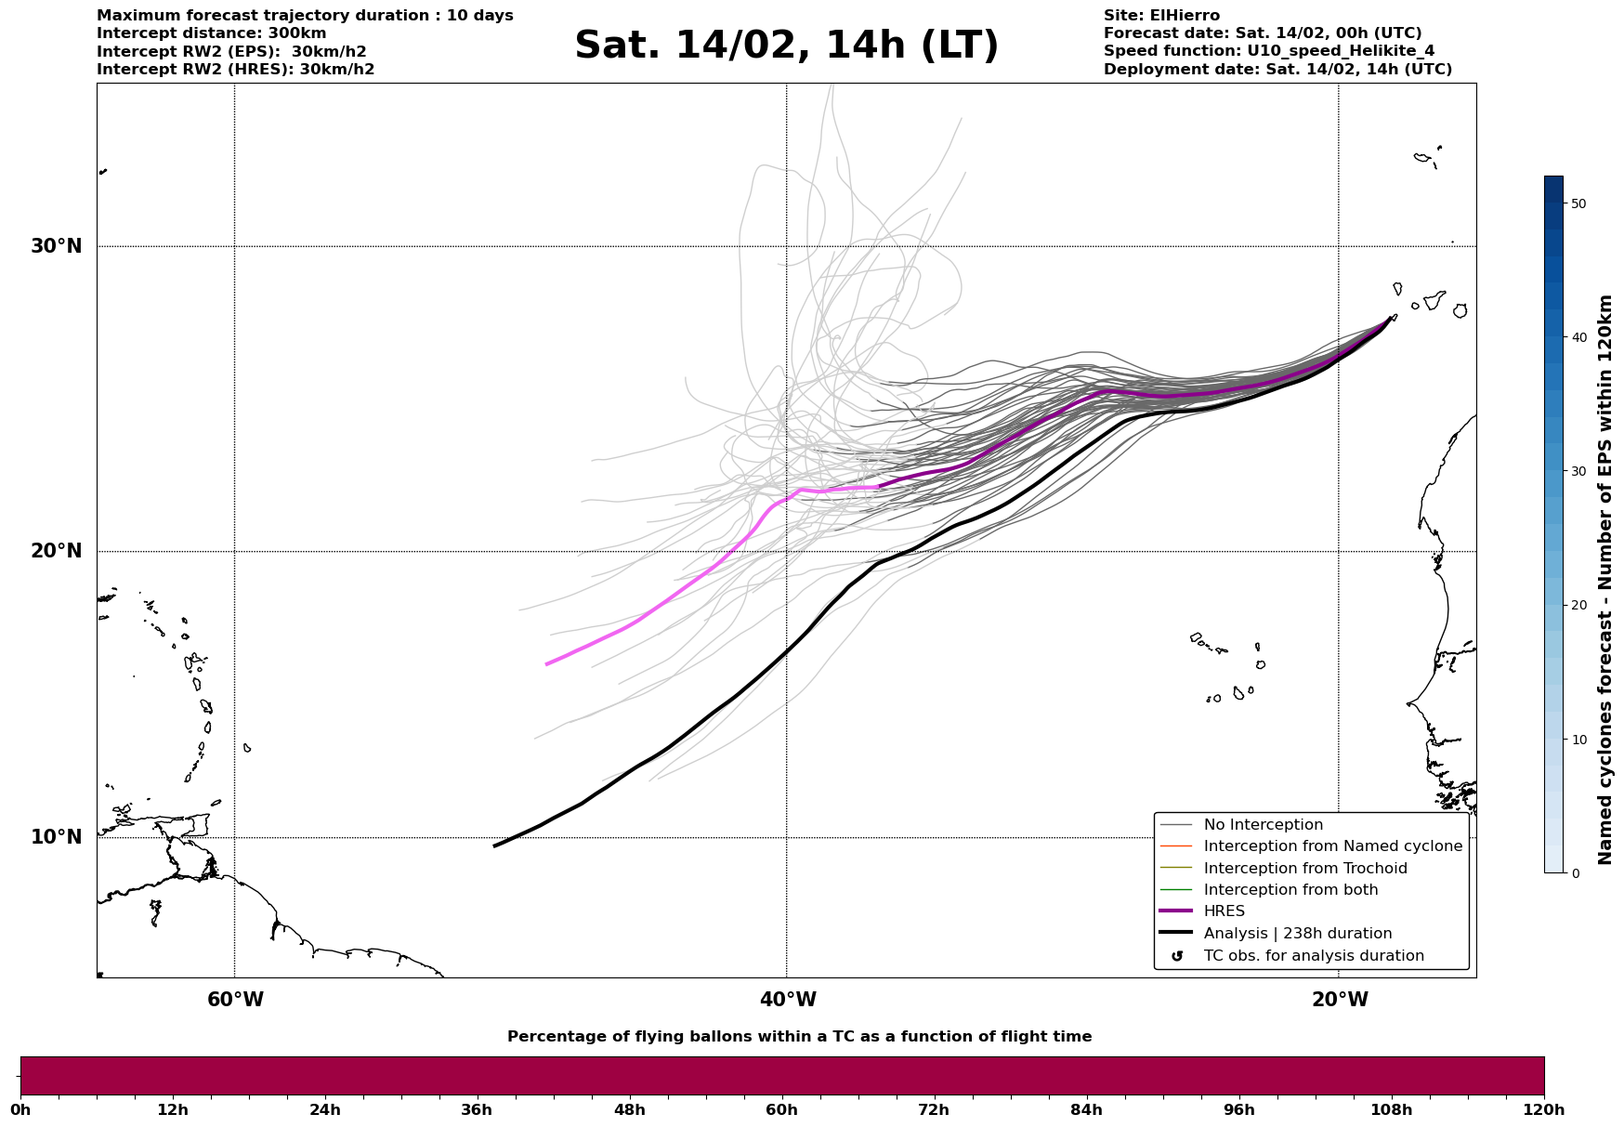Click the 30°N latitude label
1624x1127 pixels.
(56, 246)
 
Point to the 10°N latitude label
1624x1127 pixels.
(56, 837)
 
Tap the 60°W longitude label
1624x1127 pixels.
(235, 1000)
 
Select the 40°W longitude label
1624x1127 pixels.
(788, 1000)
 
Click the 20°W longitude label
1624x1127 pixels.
(1339, 1000)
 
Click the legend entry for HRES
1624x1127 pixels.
(1224, 911)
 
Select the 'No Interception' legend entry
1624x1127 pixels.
(1263, 825)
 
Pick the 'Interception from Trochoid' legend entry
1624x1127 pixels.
(1304, 869)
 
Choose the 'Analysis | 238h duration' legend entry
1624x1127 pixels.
(1297, 934)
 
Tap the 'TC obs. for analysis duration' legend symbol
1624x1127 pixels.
(1177, 956)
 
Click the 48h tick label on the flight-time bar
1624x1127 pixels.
(629, 1109)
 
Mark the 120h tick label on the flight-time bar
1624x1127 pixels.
(1543, 1109)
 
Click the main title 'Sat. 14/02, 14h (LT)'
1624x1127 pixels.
(786, 46)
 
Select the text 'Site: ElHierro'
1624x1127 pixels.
(1161, 16)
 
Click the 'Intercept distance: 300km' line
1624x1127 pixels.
(211, 33)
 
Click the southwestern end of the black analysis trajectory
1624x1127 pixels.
(494, 845)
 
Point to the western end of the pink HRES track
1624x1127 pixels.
(546, 664)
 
